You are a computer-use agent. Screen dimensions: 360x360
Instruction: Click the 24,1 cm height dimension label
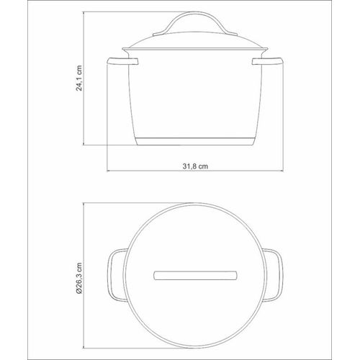click(79, 78)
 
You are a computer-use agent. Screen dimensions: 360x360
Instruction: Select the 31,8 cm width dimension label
click(195, 166)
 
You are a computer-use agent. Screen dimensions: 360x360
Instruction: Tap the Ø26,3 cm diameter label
click(79, 278)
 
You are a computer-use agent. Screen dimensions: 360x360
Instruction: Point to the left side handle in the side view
click(122, 61)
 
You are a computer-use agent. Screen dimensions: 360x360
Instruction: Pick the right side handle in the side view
click(268, 61)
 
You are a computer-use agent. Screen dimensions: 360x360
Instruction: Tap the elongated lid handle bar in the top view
click(195, 276)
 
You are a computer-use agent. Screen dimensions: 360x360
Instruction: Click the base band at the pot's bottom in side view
click(195, 142)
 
